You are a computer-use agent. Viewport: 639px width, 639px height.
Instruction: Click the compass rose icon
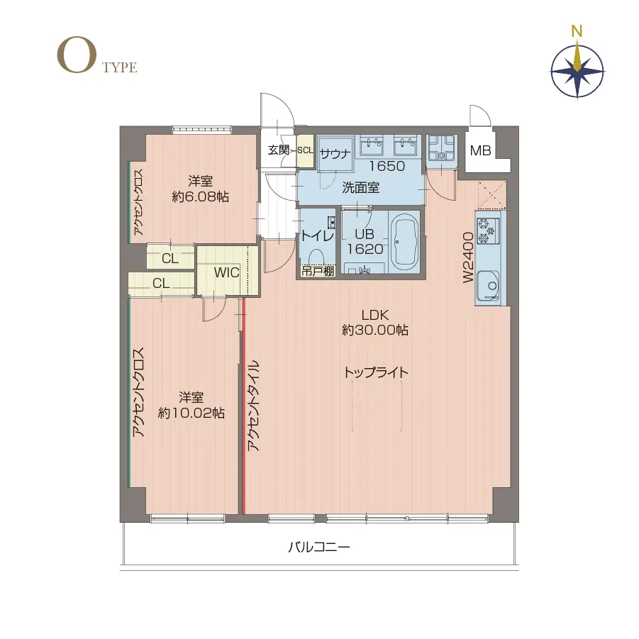point(577,72)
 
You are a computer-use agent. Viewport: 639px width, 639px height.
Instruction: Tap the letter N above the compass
point(577,31)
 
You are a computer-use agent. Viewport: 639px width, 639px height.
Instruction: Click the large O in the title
point(77,56)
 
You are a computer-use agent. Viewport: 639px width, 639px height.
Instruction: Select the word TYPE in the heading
point(119,67)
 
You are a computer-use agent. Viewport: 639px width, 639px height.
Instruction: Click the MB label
point(480,151)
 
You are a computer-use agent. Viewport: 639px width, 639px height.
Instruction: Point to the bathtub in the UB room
point(405,243)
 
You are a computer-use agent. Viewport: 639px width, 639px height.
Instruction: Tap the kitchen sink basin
point(488,285)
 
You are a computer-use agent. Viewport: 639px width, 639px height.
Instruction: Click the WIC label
point(226,272)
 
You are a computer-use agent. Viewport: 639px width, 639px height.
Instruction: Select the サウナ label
point(335,154)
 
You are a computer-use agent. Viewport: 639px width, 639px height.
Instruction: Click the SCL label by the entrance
point(305,150)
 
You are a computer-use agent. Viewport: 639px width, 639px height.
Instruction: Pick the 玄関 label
point(279,150)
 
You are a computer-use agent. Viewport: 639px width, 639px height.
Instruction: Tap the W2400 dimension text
point(468,257)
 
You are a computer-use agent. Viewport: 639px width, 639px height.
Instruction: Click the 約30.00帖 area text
point(375,330)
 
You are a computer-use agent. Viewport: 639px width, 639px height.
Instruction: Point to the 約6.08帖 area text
point(200,197)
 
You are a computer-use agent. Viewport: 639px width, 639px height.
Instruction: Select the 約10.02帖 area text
point(191,413)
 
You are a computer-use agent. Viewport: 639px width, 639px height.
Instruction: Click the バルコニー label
point(319,547)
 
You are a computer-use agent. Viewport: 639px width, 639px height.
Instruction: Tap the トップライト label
point(376,372)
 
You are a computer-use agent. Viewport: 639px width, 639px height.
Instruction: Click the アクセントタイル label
point(253,406)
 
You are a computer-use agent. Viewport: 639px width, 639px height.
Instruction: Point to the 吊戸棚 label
point(318,271)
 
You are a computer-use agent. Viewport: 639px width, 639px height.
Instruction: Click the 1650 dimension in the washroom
point(387,166)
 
